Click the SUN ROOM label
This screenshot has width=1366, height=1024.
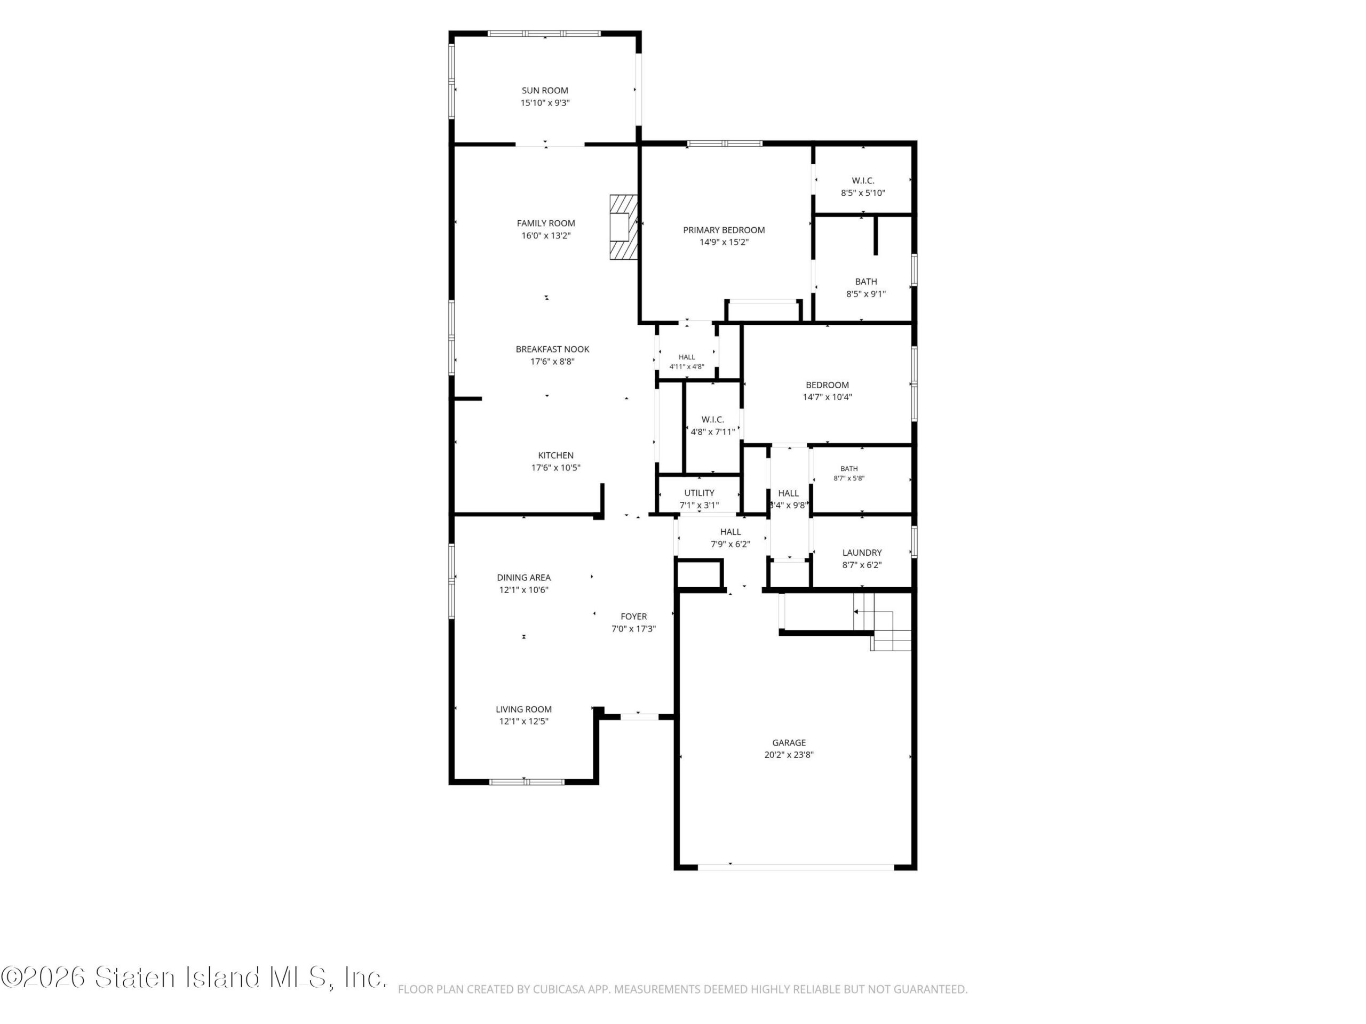[x=545, y=91]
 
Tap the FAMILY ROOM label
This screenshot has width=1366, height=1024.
[x=546, y=223]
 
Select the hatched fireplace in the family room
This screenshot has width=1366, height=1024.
[x=623, y=227]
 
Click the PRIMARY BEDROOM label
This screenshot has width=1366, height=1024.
[x=724, y=230]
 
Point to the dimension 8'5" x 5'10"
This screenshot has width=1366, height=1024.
[x=863, y=193]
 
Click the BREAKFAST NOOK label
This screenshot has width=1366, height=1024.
[x=553, y=349]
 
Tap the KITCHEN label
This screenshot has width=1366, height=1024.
[x=556, y=455]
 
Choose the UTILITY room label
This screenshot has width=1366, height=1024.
[x=699, y=493]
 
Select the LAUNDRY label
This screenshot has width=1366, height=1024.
[x=862, y=553]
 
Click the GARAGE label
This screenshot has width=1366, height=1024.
[x=789, y=743]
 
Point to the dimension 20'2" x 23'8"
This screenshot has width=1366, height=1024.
[x=789, y=755]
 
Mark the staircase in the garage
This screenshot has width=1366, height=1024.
[x=883, y=621]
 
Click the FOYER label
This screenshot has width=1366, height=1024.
[x=633, y=617]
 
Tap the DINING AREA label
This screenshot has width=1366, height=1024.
[x=523, y=578]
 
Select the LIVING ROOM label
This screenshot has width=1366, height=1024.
[x=523, y=710]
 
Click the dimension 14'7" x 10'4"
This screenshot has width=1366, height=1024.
[x=827, y=397]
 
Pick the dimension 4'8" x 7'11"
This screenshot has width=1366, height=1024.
[x=713, y=432]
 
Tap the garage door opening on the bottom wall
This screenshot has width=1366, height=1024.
[x=796, y=867]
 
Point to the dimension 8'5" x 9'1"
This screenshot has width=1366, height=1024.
[x=866, y=294]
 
